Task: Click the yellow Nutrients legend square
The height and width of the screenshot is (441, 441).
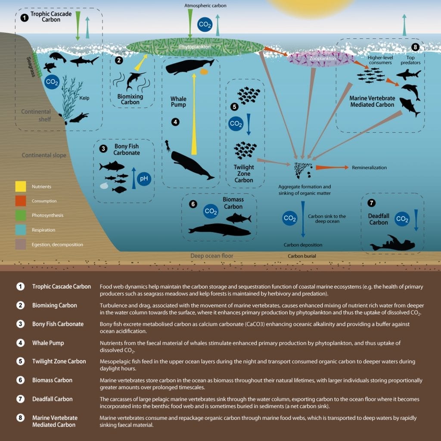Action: coord(21,186)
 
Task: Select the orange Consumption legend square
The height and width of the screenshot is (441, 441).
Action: coord(21,201)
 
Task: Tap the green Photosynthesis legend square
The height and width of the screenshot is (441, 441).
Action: coord(21,215)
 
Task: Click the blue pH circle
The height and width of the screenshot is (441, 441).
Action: coord(144,179)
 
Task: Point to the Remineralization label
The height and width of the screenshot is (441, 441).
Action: coord(369,168)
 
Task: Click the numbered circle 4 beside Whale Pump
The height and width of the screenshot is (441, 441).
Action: coord(176,122)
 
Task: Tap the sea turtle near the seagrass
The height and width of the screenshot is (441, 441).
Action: coord(50,67)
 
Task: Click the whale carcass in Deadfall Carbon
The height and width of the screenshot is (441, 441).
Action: coord(393,244)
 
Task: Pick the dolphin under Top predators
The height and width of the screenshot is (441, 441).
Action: coord(411,91)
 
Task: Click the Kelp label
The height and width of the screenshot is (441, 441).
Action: coord(84,98)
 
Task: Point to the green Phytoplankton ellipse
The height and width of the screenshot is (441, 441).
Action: coord(195,47)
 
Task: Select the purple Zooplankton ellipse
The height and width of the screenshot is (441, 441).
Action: coord(321,59)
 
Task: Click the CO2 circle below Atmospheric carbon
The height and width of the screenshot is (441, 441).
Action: coord(205,25)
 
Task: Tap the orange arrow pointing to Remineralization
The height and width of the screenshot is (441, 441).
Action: coord(332,168)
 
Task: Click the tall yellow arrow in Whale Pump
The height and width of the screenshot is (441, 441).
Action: coord(194,114)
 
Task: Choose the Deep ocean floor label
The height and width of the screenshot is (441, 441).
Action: coord(212,256)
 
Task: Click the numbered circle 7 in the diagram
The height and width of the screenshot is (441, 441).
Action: coord(371,203)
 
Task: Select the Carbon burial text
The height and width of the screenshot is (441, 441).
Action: coord(302,256)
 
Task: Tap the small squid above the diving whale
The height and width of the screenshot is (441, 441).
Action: coord(168,145)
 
